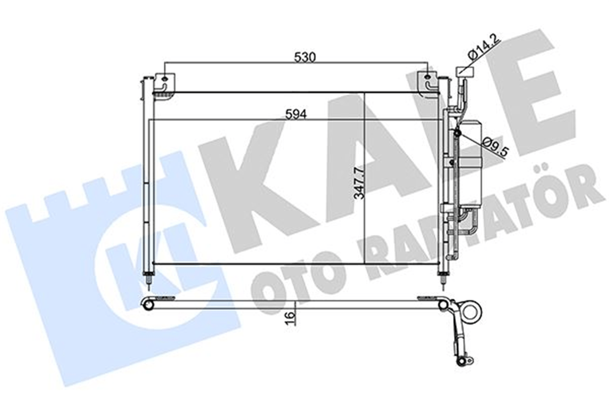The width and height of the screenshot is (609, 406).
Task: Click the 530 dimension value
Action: coord(306,57)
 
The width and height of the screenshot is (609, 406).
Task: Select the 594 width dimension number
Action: coord(296,115)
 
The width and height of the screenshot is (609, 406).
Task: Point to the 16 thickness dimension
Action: coord(291,319)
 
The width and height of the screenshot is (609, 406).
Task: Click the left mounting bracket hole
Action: coord(165,79)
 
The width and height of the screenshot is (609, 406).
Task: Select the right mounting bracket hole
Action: coord(428,78)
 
